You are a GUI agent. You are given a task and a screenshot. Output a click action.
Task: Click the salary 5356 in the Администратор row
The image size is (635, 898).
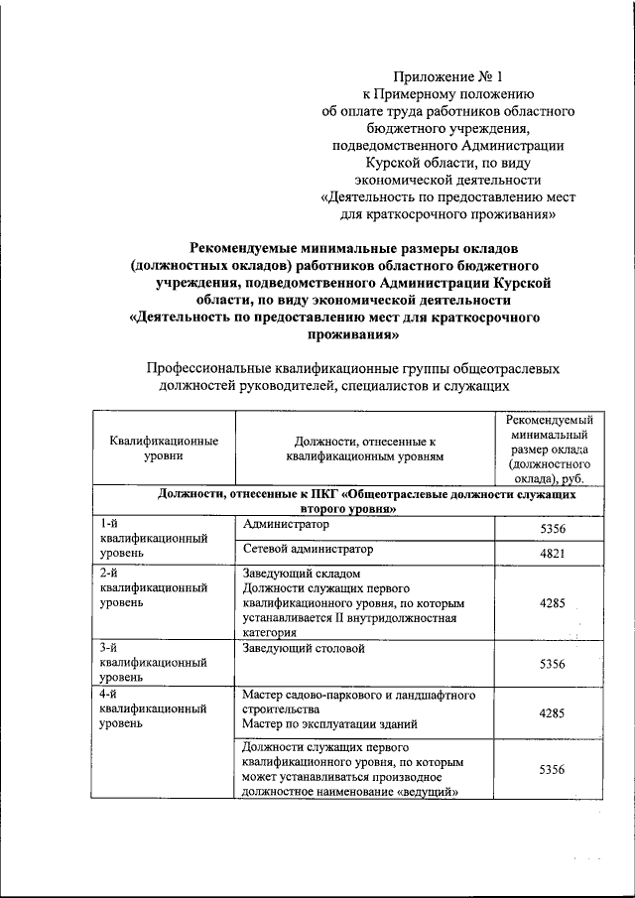click(x=552, y=530)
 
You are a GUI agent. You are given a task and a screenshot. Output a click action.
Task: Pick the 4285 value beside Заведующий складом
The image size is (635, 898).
click(x=552, y=601)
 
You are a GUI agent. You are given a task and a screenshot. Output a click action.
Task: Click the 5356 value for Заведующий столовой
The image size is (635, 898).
click(x=552, y=664)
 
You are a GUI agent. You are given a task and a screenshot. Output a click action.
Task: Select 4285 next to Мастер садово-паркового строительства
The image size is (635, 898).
click(x=552, y=712)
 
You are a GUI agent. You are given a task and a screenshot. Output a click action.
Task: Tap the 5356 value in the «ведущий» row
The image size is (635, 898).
click(x=552, y=769)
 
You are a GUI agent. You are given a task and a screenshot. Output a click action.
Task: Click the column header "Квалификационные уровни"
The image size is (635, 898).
click(x=164, y=448)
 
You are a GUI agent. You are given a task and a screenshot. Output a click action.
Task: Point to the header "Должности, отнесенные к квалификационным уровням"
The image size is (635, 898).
click(x=365, y=448)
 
